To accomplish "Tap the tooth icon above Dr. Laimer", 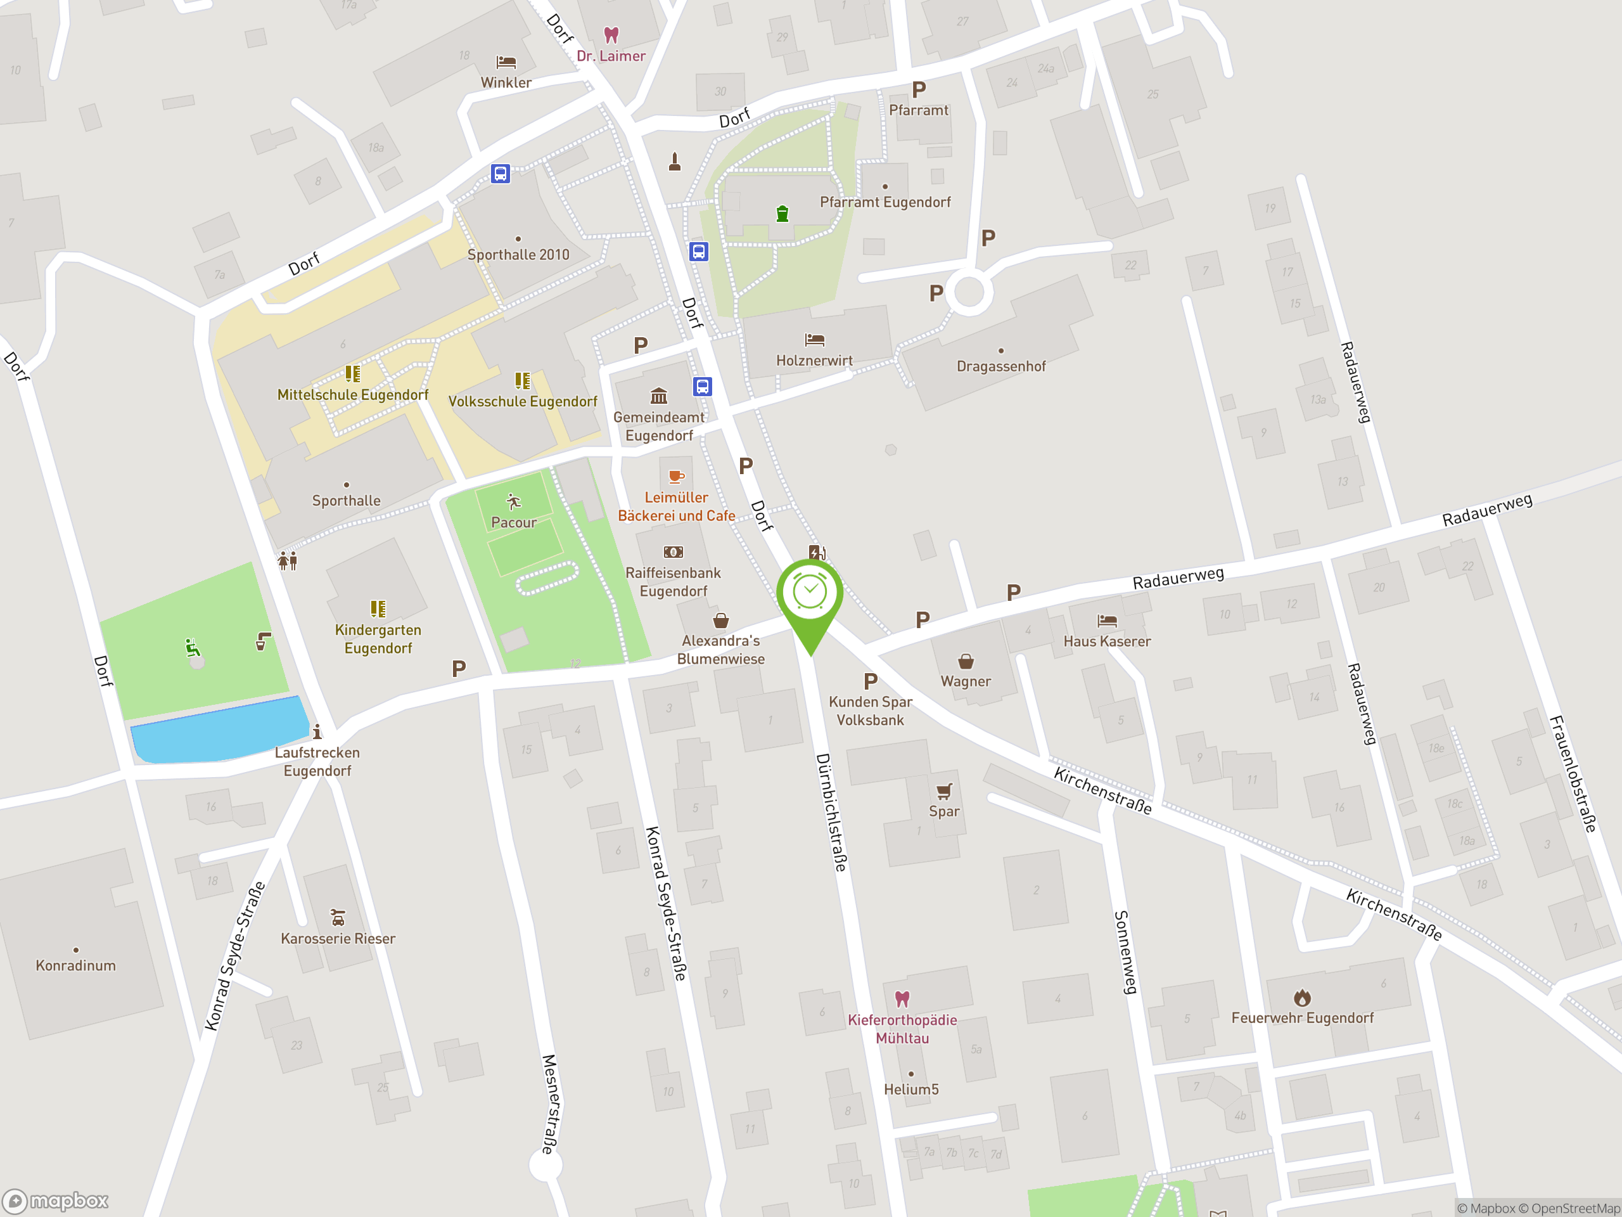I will click(611, 34).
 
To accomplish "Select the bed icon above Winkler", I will click(506, 61).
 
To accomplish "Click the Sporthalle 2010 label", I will click(518, 255).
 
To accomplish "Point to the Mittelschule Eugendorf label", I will click(353, 395).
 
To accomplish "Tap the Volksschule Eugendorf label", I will click(523, 401).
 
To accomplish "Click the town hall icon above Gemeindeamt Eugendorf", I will click(658, 396).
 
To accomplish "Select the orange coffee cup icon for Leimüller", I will click(676, 477).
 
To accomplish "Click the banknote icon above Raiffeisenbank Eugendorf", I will click(673, 551).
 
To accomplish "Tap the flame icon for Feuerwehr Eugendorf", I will click(1301, 998).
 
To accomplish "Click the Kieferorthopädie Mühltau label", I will click(902, 1029).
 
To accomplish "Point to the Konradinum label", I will click(76, 965).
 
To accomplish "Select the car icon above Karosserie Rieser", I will click(337, 917).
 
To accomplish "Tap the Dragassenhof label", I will click(1001, 366).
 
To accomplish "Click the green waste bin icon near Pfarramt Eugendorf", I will click(782, 214).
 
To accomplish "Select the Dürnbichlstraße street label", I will click(831, 811).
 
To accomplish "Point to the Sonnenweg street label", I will click(1125, 952).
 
